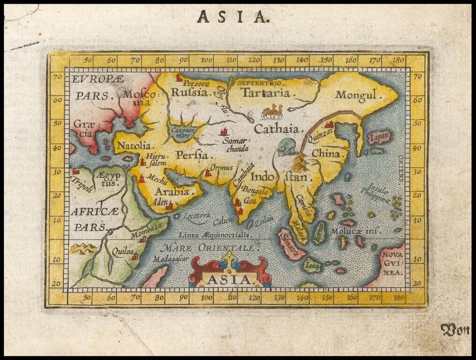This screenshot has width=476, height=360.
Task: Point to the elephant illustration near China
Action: pos(286,147)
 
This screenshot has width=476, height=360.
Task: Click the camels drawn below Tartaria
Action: pos(272,112)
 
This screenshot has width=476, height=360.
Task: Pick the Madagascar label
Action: pos(170,259)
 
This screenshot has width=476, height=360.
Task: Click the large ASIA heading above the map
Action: pos(234,17)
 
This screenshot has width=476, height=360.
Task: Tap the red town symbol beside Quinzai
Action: pos(329,124)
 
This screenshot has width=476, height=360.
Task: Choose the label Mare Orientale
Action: pos(206,248)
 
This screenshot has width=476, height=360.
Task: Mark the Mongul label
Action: pos(356,95)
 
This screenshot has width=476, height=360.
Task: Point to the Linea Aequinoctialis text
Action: pos(214,234)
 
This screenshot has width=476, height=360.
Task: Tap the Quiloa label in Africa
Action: pos(121,251)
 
